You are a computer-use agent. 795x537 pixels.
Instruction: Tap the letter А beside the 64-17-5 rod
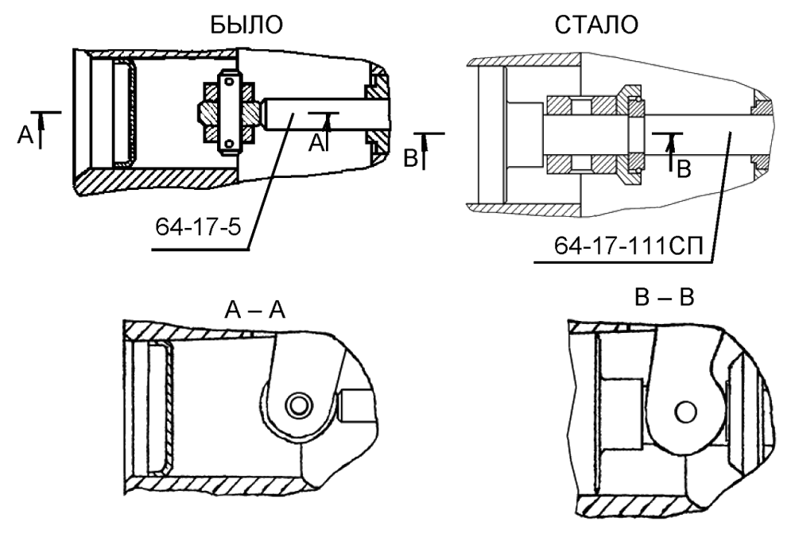click(317, 141)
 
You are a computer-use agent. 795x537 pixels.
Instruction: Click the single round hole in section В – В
click(684, 411)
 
